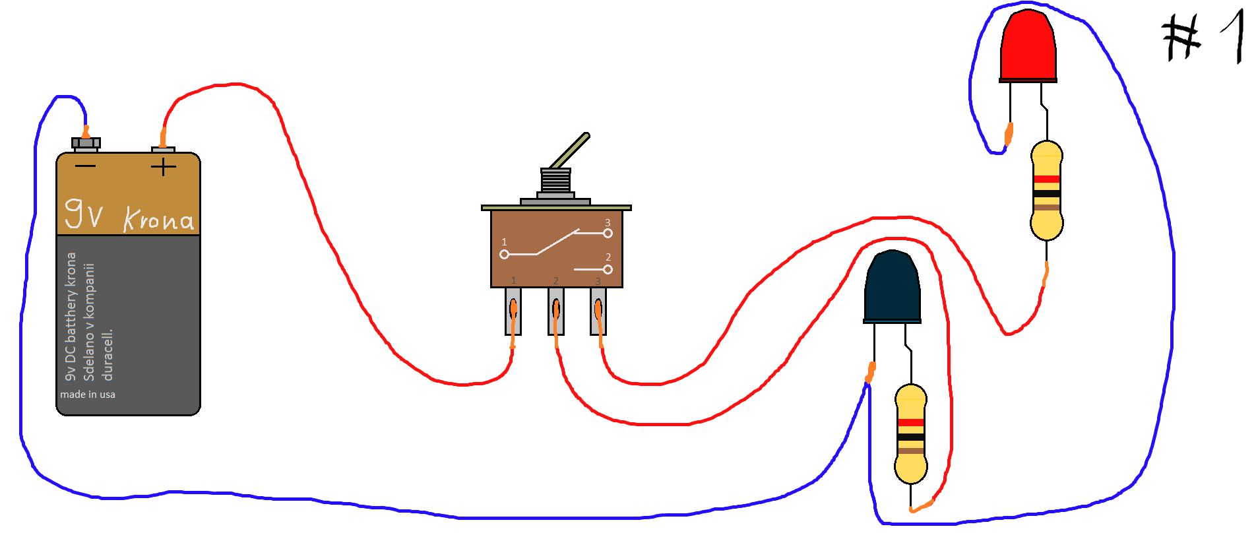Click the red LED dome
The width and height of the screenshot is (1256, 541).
pyautogui.click(x=1028, y=46)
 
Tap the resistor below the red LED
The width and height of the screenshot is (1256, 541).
pyautogui.click(x=1046, y=190)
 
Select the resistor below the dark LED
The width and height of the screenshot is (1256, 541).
pyautogui.click(x=911, y=434)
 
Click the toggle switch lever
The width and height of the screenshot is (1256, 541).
pyautogui.click(x=569, y=151)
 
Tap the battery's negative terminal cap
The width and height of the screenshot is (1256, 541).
pyautogui.click(x=86, y=143)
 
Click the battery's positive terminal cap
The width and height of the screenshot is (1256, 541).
pyautogui.click(x=164, y=150)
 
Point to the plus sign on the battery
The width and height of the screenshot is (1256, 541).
pyautogui.click(x=163, y=167)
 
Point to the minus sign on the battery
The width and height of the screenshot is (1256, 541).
pyautogui.click(x=85, y=166)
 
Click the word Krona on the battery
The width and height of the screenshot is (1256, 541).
pyautogui.click(x=159, y=219)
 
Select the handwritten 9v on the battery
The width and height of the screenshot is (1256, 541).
pyautogui.click(x=84, y=212)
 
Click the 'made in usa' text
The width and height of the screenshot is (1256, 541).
pyautogui.click(x=88, y=395)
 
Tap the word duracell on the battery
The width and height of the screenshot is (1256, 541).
pyautogui.click(x=108, y=354)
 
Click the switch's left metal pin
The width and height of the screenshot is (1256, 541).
pyautogui.click(x=513, y=311)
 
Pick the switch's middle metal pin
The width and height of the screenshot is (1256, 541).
pyautogui.click(x=555, y=311)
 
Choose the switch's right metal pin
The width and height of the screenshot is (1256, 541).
pyautogui.click(x=598, y=311)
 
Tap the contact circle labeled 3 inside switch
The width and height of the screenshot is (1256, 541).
pyautogui.click(x=608, y=233)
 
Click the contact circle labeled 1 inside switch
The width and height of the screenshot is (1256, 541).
pyautogui.click(x=504, y=254)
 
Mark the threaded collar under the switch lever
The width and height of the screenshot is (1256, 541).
pyautogui.click(x=555, y=181)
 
